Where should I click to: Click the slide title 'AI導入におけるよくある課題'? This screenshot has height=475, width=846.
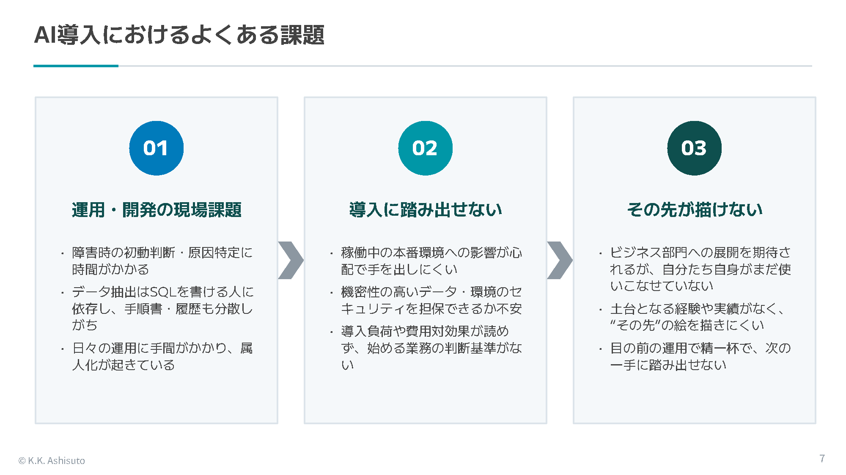(x=179, y=35)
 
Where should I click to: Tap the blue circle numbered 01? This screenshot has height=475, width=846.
(x=157, y=148)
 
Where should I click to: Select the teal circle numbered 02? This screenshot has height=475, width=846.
(x=426, y=148)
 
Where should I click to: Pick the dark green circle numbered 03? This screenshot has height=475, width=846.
(x=695, y=148)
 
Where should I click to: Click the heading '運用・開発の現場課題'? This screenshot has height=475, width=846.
(x=157, y=210)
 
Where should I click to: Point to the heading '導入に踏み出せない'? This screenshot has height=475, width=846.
(x=426, y=210)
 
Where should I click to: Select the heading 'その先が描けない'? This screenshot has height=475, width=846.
(x=695, y=210)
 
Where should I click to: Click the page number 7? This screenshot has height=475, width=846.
(x=822, y=459)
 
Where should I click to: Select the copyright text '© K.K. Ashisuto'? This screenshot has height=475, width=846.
(x=52, y=461)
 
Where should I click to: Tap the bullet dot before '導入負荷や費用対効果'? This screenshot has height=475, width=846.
(x=332, y=332)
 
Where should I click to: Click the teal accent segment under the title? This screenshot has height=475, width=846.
(x=76, y=66)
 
